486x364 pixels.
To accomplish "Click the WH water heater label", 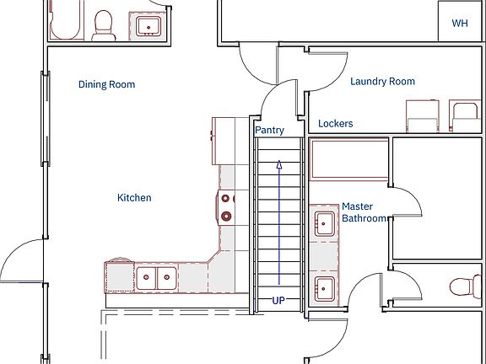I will point(460,24).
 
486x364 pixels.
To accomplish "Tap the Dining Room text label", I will point(106,84).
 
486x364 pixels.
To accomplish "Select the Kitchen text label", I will point(134,198).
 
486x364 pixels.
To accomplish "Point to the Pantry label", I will point(269,131).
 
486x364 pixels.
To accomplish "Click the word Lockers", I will point(335,124).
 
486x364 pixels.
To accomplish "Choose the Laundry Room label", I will point(382,82).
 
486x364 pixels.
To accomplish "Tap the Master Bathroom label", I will point(363,212).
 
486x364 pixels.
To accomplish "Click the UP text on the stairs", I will point(278,300).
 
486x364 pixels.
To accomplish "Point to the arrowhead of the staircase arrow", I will point(278,166).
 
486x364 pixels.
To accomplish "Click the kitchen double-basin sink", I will point(155,276).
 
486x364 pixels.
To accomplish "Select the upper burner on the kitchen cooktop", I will point(226,200).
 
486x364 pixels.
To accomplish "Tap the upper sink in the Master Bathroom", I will point(324,223).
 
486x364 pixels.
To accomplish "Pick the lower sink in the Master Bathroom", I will point(324,287).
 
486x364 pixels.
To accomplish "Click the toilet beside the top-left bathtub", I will point(104,24).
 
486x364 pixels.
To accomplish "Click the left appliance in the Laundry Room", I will point(423,116).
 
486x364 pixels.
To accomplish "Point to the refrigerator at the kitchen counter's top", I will point(225,141).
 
